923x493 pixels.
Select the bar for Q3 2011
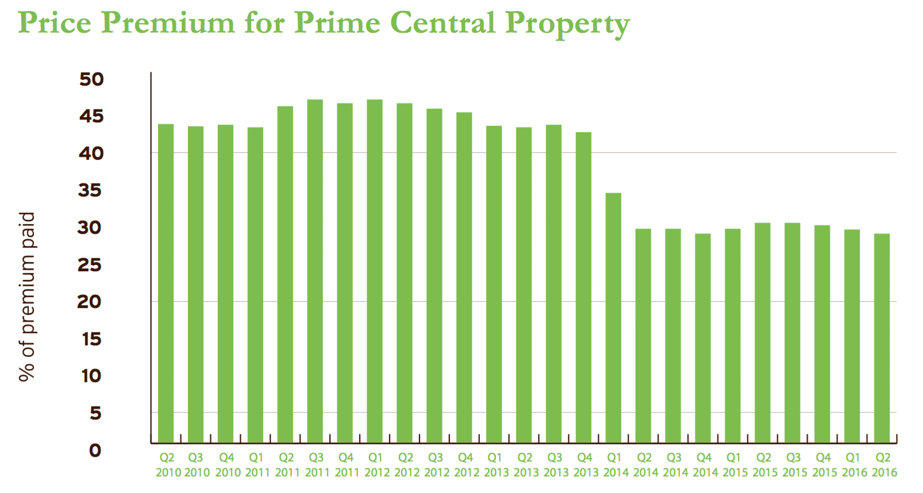coord(315,271)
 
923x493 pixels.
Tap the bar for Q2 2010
coord(166,283)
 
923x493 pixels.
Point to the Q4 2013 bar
coord(583,287)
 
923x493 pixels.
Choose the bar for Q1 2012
coord(375,271)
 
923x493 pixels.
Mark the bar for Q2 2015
coord(763,333)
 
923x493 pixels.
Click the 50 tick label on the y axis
coord(91,79)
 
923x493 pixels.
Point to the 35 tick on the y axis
coord(90,190)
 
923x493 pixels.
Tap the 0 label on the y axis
coord(95,450)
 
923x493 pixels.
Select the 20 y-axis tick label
coord(89,302)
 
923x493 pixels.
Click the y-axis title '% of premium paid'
coord(27,296)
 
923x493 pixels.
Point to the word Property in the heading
coord(567,24)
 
